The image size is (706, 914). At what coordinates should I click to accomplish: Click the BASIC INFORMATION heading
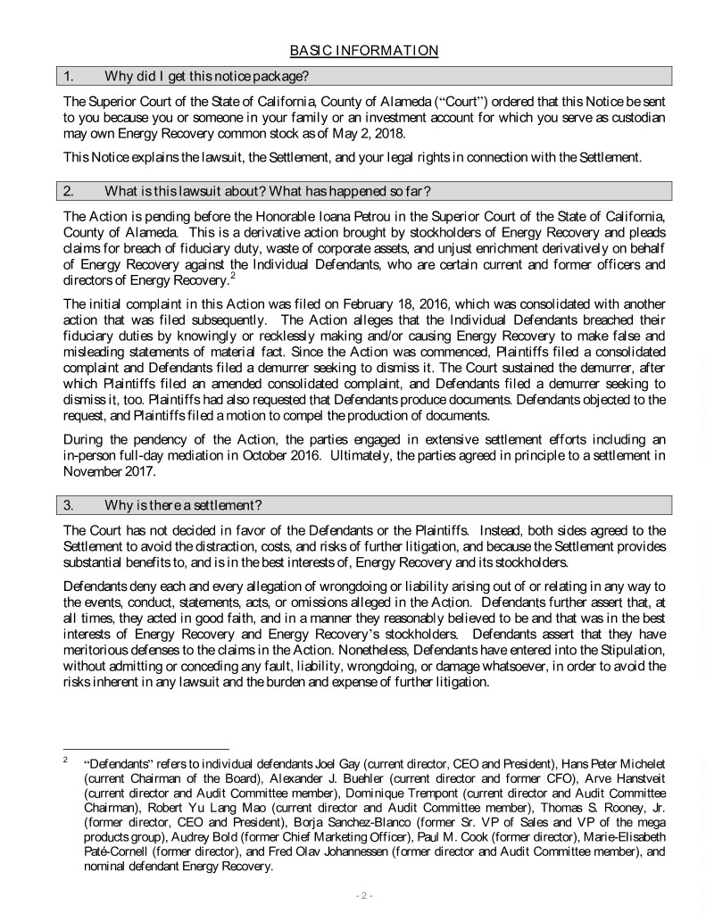364,51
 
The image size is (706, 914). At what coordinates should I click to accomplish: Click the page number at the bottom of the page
363,894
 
